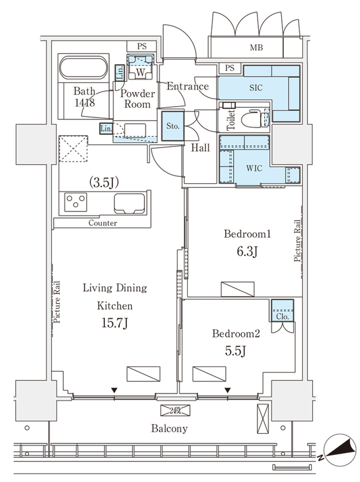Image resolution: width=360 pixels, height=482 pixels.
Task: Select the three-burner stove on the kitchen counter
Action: (x=76, y=202)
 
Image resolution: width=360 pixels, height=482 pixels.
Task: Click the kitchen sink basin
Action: (x=129, y=203)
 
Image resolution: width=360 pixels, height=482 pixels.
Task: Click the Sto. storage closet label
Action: (x=173, y=126)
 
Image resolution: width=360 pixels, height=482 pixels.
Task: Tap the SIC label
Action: (x=256, y=87)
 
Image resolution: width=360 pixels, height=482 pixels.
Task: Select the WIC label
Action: (x=254, y=168)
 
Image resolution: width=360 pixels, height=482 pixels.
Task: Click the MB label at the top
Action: (x=256, y=48)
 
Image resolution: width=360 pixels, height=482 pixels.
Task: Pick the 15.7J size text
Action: (x=114, y=323)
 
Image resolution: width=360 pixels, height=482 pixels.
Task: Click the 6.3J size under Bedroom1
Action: (x=247, y=251)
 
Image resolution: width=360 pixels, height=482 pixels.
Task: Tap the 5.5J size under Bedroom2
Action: (x=235, y=351)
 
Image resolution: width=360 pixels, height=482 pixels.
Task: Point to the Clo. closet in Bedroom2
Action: (x=282, y=310)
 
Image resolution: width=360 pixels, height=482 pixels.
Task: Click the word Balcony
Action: (x=169, y=428)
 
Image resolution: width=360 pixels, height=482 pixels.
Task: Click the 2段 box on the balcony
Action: (x=175, y=410)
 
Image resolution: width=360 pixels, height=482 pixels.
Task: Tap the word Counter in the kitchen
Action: (x=102, y=223)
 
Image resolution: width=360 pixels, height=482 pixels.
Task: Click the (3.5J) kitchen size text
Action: (x=104, y=183)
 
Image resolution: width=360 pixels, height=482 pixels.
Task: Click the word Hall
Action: (x=200, y=148)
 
